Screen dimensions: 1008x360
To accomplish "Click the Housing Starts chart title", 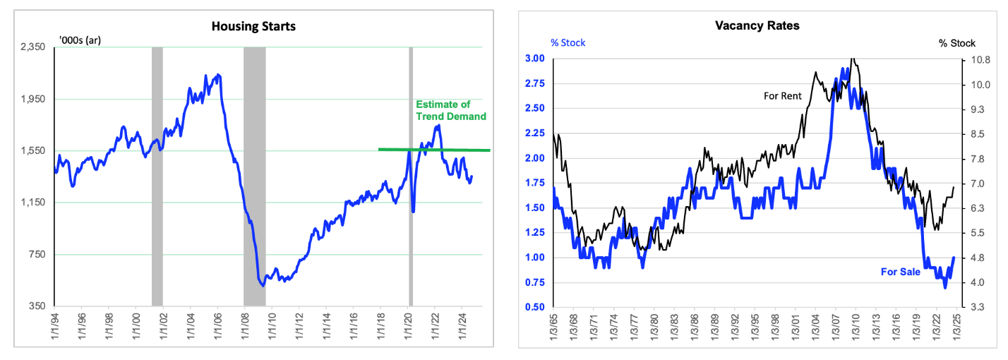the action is click(x=253, y=27).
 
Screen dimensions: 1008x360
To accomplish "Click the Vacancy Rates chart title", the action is click(x=757, y=25).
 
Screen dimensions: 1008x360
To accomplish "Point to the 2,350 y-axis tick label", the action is click(x=33, y=47).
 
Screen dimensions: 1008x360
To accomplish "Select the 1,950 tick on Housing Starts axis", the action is click(x=33, y=99).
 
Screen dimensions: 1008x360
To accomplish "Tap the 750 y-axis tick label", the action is click(x=37, y=254).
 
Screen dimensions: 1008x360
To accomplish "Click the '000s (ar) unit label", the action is click(x=80, y=40).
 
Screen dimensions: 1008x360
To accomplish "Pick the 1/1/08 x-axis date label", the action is click(x=245, y=326).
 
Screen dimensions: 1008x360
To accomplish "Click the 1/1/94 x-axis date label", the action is click(x=54, y=326).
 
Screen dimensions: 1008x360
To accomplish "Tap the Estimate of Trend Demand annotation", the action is click(x=451, y=110).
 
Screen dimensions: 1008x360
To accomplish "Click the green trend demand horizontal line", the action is click(x=434, y=150).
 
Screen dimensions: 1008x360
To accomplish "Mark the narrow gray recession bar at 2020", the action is click(x=411, y=176).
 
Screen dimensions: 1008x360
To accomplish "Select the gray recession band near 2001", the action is click(x=157, y=176).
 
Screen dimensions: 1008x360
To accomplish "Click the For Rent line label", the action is click(x=783, y=96).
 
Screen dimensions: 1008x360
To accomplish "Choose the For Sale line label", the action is click(x=901, y=272).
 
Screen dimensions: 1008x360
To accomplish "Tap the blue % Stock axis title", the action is click(x=568, y=43).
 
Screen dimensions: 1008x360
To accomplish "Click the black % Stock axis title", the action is click(x=957, y=43).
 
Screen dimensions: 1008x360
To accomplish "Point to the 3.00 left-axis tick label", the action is click(x=534, y=58).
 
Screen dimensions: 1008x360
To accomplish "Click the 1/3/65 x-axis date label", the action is click(x=553, y=327).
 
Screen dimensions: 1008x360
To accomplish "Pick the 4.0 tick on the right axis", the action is click(x=978, y=282).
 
